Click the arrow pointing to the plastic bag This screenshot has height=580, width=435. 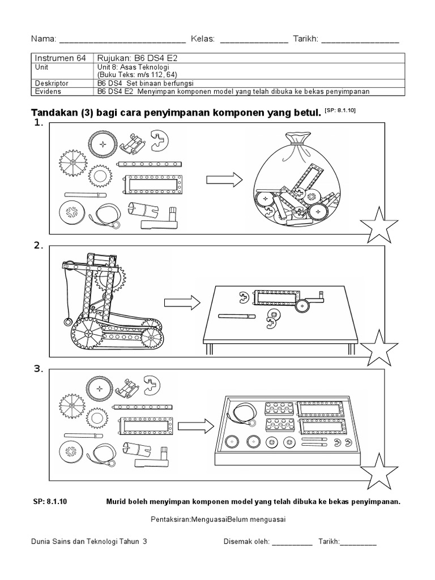(x=223, y=180)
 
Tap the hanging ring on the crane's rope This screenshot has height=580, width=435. (x=68, y=323)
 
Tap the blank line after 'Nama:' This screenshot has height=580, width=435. (x=122, y=40)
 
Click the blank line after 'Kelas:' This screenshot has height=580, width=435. (x=253, y=40)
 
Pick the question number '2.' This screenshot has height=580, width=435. (x=39, y=245)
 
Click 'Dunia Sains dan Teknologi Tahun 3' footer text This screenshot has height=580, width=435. (x=89, y=541)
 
